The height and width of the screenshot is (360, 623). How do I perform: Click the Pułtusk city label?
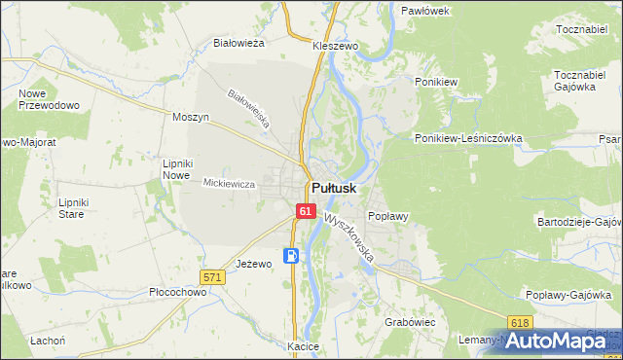(334, 188)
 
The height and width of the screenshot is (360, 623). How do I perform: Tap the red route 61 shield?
(306, 211)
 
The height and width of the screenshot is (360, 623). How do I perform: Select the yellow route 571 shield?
(214, 277)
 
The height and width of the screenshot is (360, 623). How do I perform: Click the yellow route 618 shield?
(520, 322)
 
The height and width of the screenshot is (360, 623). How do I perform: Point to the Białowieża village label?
(239, 43)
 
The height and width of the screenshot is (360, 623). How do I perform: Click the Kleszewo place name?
(336, 46)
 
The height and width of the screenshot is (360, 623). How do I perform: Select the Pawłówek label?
(424, 10)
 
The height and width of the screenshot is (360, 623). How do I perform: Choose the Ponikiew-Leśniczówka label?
(468, 138)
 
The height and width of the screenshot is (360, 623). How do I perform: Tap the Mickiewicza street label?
(229, 183)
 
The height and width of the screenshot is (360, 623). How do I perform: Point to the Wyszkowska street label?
(350, 238)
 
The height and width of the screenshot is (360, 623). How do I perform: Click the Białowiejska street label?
(247, 109)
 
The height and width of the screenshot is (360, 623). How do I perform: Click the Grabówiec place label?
(409, 320)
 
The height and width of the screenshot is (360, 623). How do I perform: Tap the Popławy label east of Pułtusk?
(386, 216)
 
